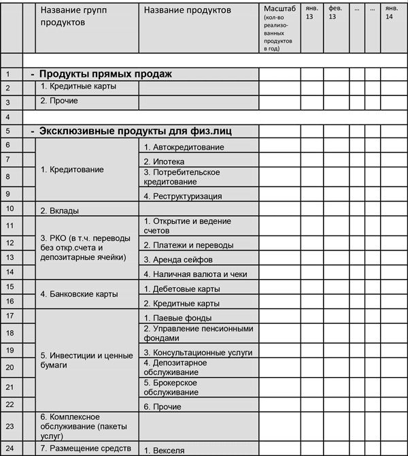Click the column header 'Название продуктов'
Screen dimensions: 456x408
pos(188,10)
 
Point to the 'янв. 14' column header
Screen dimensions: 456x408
pos(390,12)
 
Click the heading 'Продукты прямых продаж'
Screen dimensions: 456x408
pos(105,74)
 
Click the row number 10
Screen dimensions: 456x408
pos(9,208)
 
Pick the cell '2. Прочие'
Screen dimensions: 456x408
pos(59,101)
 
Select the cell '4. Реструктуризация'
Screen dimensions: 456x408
pos(183,196)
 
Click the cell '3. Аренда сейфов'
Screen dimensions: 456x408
pos(177,259)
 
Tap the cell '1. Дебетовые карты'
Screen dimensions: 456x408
pos(181,289)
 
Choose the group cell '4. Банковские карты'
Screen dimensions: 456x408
pos(80,295)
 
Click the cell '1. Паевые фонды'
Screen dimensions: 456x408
pos(177,318)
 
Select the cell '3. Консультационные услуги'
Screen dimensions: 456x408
pos(198,353)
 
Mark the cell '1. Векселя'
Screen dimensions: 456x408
pos(164,451)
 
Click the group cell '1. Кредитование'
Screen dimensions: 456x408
pos(73,169)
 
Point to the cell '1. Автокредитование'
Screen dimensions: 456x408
pos(184,147)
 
